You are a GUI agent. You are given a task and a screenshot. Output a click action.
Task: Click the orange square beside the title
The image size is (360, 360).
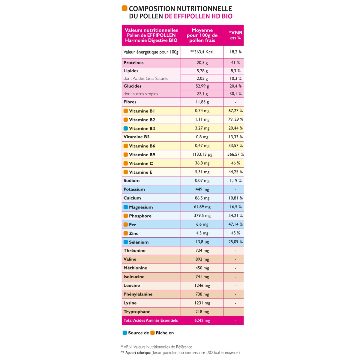[x=124, y=8]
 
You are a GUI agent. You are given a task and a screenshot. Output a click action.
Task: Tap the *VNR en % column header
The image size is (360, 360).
[x=235, y=35]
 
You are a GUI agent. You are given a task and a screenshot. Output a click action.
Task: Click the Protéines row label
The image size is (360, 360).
[x=133, y=63]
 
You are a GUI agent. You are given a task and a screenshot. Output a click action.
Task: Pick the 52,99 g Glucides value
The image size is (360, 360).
[x=202, y=86]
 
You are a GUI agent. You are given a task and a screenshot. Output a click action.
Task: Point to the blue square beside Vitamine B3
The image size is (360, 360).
[x=126, y=128]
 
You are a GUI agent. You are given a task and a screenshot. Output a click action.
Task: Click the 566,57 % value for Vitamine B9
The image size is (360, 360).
[x=235, y=154]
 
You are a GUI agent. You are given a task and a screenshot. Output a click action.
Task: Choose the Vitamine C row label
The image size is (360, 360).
[x=141, y=163]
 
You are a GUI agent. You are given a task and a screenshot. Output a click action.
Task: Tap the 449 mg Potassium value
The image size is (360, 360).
[x=202, y=189]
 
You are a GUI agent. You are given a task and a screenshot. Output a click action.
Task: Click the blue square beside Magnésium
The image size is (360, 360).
[x=126, y=207]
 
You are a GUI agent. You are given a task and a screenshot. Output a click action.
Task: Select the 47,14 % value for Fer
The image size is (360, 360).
[x=235, y=224]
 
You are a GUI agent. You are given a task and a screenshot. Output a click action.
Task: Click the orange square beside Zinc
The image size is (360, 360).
[x=126, y=233]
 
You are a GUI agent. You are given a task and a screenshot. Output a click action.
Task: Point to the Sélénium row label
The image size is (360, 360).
[x=139, y=242]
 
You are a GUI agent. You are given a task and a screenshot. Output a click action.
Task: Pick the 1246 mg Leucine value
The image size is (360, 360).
[x=202, y=286]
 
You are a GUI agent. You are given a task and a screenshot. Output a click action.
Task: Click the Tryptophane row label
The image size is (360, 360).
[x=137, y=312]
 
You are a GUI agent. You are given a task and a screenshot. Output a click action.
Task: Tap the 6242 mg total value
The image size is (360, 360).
[x=202, y=320]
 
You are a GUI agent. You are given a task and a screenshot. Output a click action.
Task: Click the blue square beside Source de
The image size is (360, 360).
[x=125, y=333]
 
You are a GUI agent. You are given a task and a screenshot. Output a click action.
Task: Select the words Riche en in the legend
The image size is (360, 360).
[x=165, y=333]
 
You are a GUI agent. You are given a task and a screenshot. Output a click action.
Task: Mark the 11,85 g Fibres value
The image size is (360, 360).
[x=202, y=102]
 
